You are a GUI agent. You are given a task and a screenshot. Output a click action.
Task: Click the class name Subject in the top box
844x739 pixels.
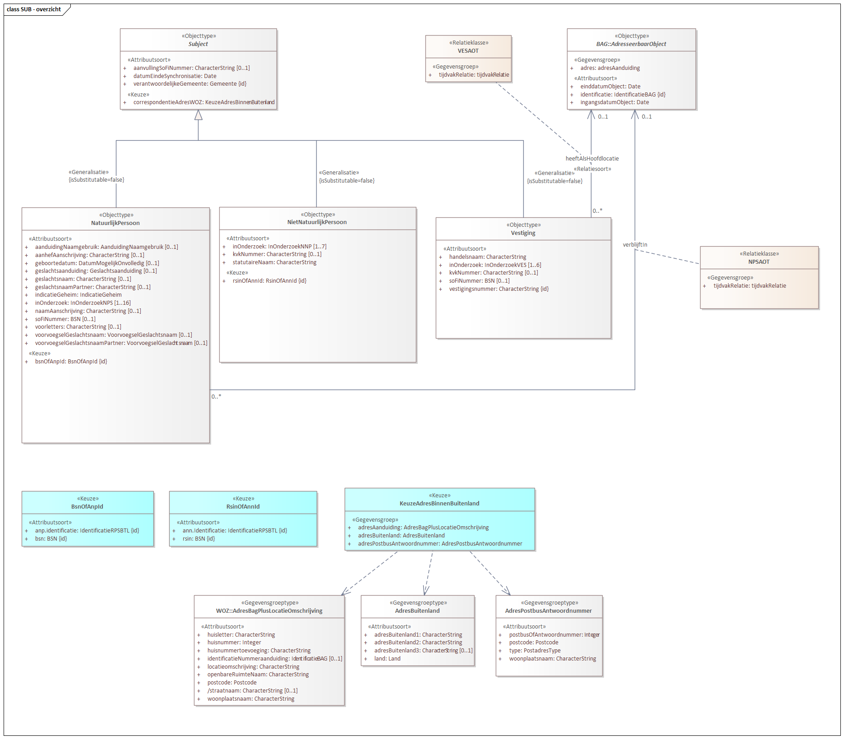pyautogui.click(x=198, y=44)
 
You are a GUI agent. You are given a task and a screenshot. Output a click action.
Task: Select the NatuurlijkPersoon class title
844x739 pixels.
pyautogui.click(x=115, y=223)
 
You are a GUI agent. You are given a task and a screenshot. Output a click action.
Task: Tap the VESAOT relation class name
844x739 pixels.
pyautogui.click(x=468, y=51)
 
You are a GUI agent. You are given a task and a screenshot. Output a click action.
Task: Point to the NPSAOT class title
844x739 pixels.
pyautogui.click(x=759, y=262)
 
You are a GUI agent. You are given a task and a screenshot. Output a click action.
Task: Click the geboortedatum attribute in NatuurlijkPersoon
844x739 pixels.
pyautogui.click(x=97, y=263)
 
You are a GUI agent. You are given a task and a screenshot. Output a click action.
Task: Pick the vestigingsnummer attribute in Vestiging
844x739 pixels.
pyautogui.click(x=499, y=289)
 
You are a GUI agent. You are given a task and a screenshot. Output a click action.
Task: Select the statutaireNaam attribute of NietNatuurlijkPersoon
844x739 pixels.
pyautogui.click(x=274, y=262)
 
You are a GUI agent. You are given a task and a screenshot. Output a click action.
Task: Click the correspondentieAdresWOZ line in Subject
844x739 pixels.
pyautogui.click(x=203, y=102)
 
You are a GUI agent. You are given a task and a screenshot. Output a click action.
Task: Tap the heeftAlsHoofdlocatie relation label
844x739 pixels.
pyautogui.click(x=592, y=159)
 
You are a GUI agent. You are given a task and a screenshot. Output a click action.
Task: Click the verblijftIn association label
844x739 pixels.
pyautogui.click(x=635, y=245)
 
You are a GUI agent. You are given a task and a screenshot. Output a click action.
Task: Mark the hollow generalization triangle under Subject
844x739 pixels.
pyautogui.click(x=198, y=115)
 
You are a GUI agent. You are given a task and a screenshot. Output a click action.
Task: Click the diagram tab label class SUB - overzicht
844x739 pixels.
pyautogui.click(x=34, y=9)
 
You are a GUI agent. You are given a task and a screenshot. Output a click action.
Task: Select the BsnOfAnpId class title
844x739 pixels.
pyautogui.click(x=87, y=507)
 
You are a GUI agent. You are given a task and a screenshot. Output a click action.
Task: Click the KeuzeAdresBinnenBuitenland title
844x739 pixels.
pyautogui.click(x=439, y=504)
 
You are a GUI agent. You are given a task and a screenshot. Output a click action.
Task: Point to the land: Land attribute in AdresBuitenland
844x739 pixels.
pyautogui.click(x=387, y=659)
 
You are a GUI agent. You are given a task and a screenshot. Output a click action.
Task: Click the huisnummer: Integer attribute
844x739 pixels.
pyautogui.click(x=234, y=643)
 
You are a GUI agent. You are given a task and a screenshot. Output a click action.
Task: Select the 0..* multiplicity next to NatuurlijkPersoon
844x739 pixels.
pyautogui.click(x=217, y=397)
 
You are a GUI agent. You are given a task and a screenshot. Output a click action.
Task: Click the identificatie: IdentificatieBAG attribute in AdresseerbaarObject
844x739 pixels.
pyautogui.click(x=623, y=95)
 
